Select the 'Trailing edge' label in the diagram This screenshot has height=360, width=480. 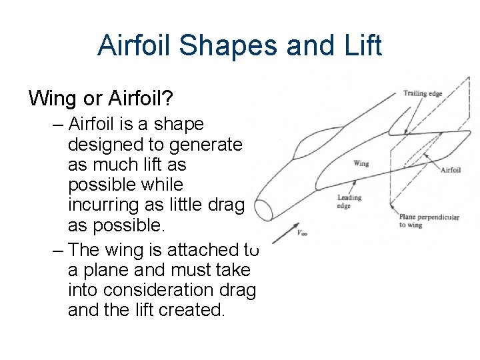(x=423, y=93)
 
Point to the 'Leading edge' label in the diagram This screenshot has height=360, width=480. (x=349, y=201)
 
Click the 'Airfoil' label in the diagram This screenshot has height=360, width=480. (x=451, y=170)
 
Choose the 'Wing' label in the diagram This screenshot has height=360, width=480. (x=361, y=163)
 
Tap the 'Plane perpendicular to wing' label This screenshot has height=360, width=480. (x=429, y=221)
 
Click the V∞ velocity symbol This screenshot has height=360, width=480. (x=302, y=233)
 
